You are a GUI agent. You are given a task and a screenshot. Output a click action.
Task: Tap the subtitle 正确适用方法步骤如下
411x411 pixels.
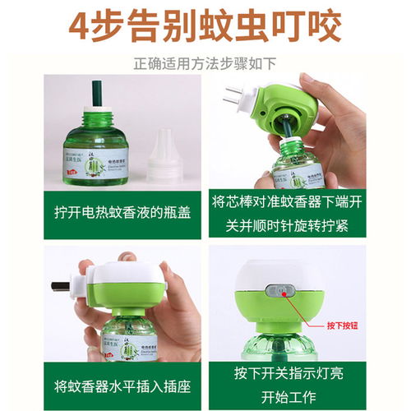(x=205, y=62)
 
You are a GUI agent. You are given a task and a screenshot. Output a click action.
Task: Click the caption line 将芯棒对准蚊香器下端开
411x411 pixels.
(x=307, y=201)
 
